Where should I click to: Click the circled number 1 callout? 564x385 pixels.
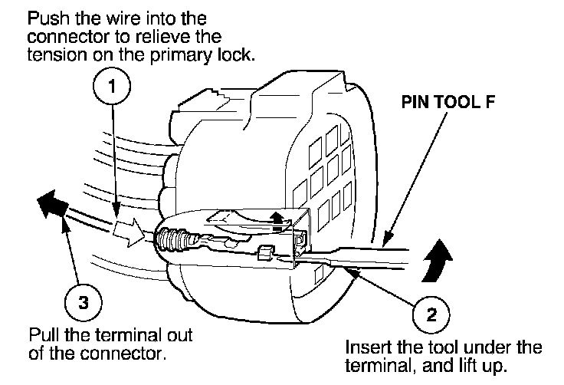(x=112, y=87)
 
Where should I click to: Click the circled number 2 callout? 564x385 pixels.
(x=431, y=314)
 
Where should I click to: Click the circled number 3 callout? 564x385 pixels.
(x=83, y=302)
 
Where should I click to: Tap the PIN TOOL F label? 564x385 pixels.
(x=448, y=102)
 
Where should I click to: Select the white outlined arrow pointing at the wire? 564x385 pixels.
(x=129, y=232)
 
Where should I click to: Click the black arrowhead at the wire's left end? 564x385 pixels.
(x=51, y=204)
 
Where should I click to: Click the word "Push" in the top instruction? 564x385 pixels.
(x=49, y=18)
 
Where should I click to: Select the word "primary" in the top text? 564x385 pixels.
(x=180, y=56)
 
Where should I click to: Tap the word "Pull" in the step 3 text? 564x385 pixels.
(x=44, y=335)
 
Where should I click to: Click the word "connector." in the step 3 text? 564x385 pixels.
(x=123, y=354)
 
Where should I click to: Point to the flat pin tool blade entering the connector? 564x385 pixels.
(x=356, y=257)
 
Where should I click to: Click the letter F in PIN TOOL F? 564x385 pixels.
(x=490, y=102)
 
